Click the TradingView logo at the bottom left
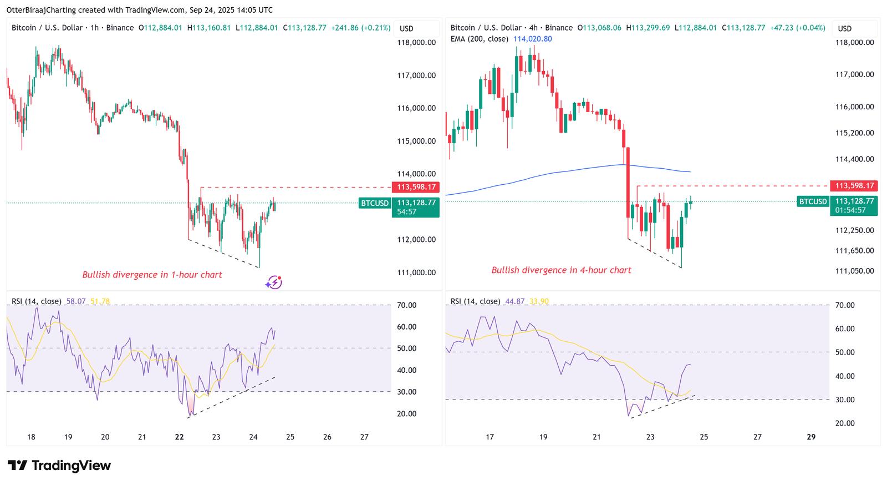59,465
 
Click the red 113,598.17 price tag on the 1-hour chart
416,187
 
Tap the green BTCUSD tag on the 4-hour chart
813,201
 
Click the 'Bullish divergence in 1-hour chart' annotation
152,275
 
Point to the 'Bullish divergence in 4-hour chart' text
561,270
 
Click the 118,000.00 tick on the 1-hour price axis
416,42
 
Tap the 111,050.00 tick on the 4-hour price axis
854,271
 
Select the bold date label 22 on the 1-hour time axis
179,437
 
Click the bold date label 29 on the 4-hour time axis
811,437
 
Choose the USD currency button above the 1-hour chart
406,28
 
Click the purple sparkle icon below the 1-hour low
274,282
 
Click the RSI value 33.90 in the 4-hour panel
539,301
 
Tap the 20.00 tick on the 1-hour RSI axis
406,413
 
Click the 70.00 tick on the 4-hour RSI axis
845,305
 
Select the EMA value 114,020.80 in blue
532,39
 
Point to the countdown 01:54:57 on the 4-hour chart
850,210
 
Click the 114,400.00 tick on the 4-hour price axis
854,159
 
